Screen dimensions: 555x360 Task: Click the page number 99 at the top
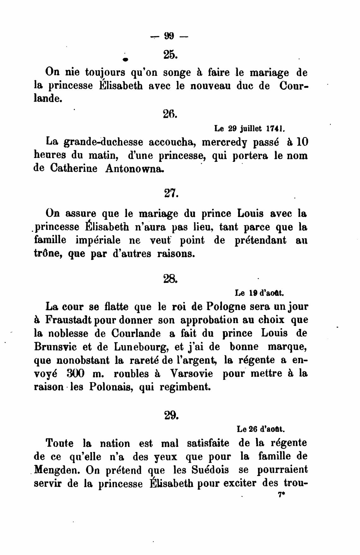(169, 37)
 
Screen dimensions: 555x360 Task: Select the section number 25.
(171, 55)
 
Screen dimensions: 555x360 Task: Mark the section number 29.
(171, 415)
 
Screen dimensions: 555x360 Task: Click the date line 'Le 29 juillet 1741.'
(249, 129)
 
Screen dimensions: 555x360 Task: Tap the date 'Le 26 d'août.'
(261, 429)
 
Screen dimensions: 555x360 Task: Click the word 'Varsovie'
(191, 374)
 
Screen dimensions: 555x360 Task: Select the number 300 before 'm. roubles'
(76, 374)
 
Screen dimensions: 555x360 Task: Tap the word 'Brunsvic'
(55, 347)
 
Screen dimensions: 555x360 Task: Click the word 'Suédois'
(210, 470)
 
